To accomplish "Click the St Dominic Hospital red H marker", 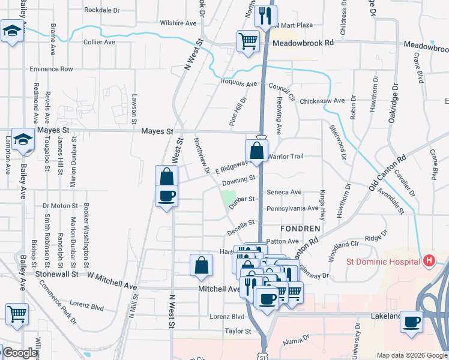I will click(429, 260).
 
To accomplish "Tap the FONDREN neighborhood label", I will click(300, 229).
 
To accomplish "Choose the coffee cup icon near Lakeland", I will click(411, 321).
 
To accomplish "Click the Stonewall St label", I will click(58, 274).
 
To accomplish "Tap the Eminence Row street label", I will click(52, 69).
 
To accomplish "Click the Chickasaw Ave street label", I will click(322, 101).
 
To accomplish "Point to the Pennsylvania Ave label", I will click(292, 208).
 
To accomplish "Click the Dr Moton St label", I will click(60, 205).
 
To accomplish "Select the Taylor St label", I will click(238, 331).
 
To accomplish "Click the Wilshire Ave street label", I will click(178, 23).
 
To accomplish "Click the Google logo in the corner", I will click(20, 353).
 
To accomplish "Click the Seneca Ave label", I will click(284, 192).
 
